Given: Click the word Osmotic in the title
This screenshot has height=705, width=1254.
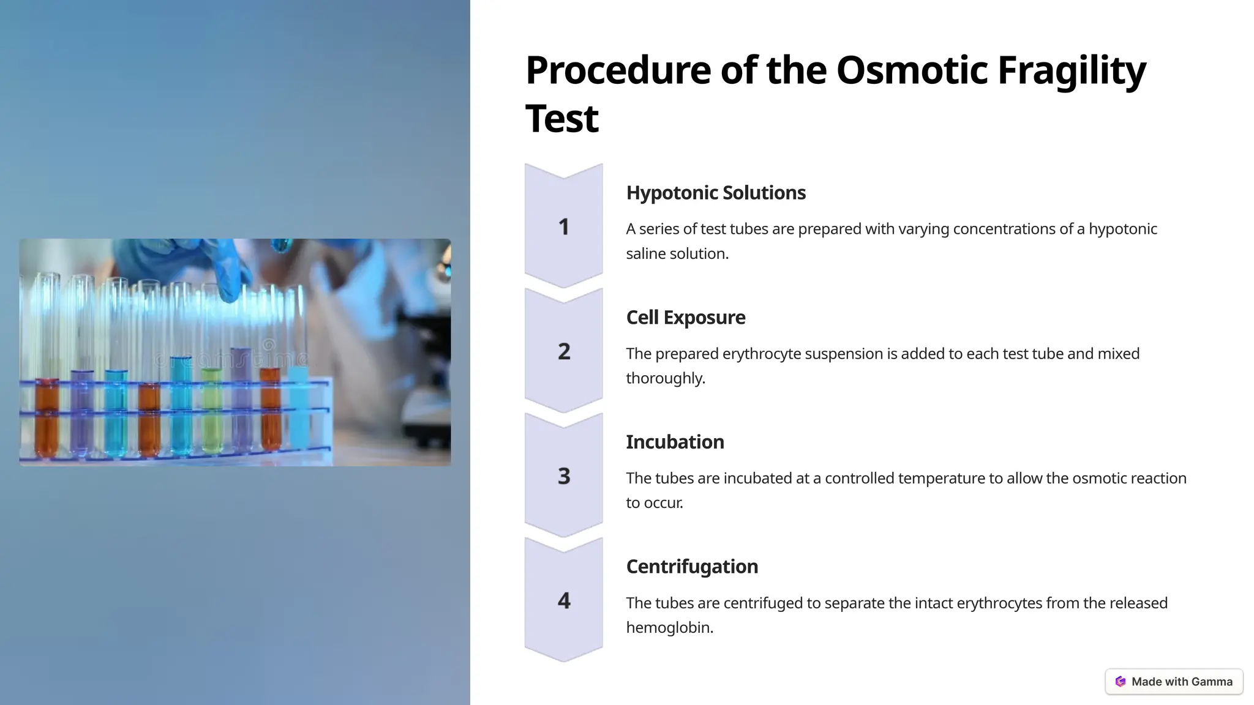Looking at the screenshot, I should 912,70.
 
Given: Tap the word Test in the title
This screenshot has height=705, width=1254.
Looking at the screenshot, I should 561,119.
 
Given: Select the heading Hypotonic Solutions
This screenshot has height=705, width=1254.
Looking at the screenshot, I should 715,193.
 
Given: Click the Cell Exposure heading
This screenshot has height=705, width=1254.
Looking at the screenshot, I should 685,318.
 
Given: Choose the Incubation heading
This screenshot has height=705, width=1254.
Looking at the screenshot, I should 675,442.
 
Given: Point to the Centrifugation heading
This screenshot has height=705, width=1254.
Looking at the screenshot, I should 692,567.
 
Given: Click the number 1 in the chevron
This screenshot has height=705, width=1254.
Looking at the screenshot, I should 563,227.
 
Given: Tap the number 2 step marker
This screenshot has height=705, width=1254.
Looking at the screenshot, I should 563,352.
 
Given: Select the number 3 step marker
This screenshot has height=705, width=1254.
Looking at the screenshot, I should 563,476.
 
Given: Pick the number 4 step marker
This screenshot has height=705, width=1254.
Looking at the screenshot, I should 563,601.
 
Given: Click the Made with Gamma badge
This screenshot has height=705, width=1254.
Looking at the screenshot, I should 1173,682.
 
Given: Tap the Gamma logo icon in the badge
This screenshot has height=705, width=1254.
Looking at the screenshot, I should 1121,682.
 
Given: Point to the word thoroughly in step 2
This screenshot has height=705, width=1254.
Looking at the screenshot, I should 664,378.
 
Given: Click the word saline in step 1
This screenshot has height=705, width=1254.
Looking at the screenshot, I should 644,254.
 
